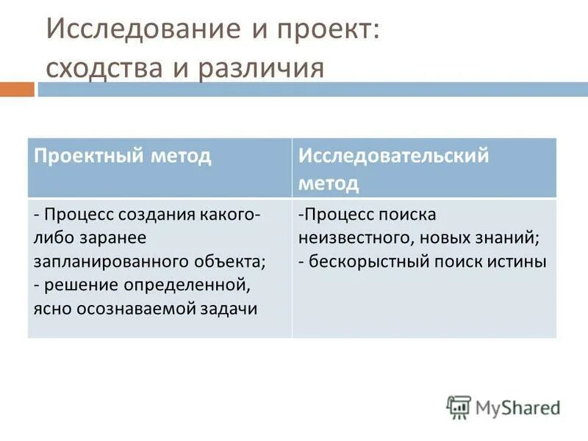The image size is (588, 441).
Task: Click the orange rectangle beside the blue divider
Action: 17,90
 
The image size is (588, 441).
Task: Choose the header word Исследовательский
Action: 393,156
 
